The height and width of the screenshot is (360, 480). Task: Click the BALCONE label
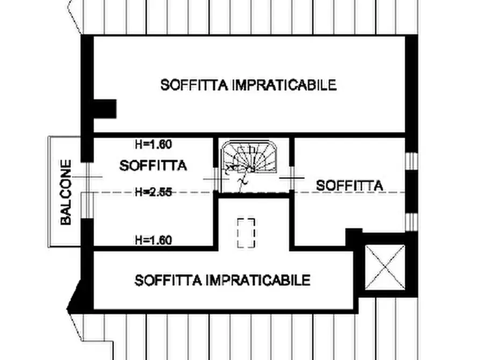(66, 192)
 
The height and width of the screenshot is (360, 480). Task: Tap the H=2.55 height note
(154, 192)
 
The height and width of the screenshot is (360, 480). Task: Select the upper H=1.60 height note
(154, 144)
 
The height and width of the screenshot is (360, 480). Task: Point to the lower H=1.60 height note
(154, 240)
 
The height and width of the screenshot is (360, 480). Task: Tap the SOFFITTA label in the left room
(153, 165)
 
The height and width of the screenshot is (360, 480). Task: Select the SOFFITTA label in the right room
(349, 185)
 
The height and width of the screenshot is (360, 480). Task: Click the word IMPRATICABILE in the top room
(285, 85)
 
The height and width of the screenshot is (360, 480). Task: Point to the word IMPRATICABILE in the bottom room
(259, 280)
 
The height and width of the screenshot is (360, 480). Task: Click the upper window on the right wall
(411, 161)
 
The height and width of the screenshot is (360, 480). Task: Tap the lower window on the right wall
(411, 221)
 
